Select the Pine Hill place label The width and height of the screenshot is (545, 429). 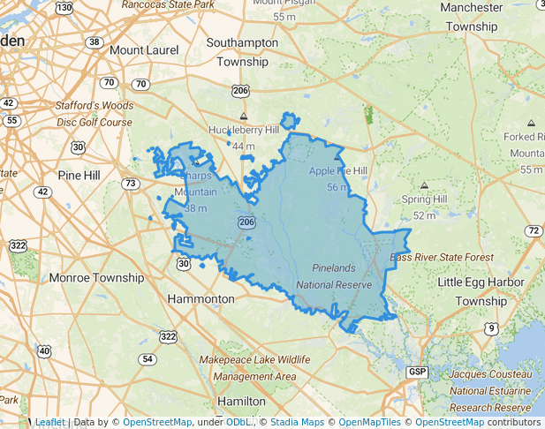(x=79, y=176)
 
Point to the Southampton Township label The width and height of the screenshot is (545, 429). (x=238, y=52)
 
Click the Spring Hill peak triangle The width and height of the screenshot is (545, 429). (x=424, y=185)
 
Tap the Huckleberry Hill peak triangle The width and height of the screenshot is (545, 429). (x=245, y=116)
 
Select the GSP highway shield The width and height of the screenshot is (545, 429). (x=418, y=373)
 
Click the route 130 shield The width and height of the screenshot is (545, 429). (x=64, y=7)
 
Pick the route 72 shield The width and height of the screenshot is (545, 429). (x=532, y=231)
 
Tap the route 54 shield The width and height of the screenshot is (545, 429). (x=148, y=359)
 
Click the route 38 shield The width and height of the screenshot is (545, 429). (x=94, y=41)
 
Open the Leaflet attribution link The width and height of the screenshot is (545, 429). (x=49, y=422)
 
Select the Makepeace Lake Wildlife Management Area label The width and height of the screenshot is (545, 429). (x=254, y=368)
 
